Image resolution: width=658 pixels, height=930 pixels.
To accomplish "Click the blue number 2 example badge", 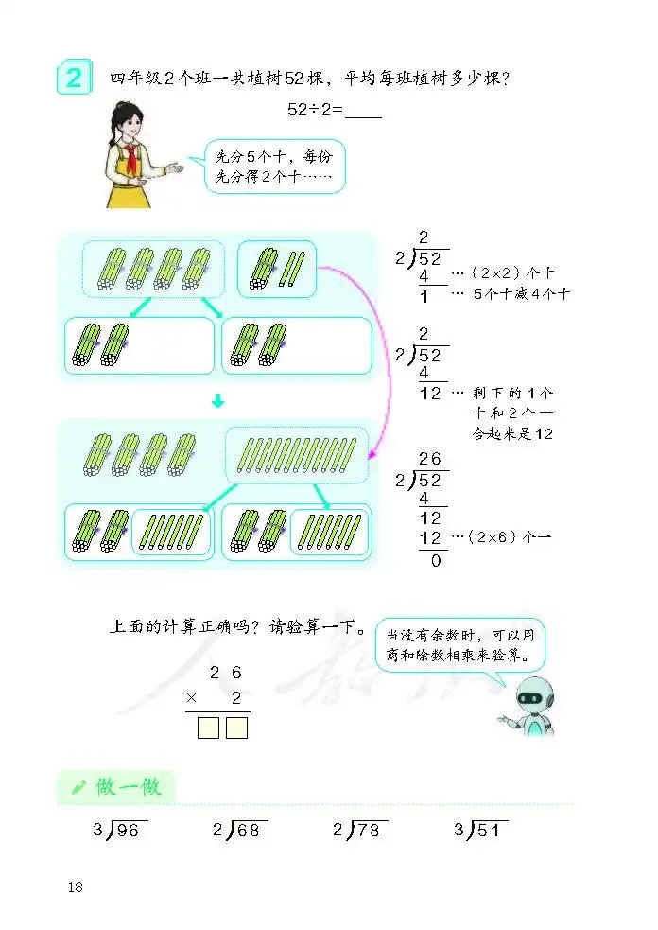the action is [75, 78].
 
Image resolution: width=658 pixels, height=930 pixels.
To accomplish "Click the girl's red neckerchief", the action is [128, 153].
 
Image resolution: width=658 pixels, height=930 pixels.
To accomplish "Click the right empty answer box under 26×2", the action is [236, 728].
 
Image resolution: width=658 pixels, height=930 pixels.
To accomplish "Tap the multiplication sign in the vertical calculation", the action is [192, 697].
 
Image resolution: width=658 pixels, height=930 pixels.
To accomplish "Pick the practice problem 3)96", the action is [118, 831].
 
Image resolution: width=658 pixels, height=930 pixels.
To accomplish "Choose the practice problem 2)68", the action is [239, 831].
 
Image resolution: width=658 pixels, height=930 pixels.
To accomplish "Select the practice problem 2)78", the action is [360, 831].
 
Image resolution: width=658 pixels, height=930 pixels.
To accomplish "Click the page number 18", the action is [76, 886].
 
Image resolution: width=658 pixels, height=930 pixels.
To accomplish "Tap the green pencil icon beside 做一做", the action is [79, 786].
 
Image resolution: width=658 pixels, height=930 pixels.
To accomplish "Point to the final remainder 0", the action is [437, 560].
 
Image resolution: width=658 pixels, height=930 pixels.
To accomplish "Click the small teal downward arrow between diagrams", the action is [217, 401].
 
